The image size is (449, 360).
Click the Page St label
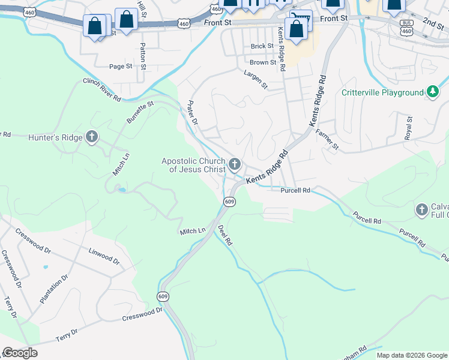pos(120,67)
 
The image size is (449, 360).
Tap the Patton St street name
pos(142,54)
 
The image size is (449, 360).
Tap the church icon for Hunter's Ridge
pos(92,137)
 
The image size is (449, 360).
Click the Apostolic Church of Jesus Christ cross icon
pos(235,163)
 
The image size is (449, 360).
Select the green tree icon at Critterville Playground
pos(432,92)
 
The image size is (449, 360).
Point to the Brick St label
pos(262,46)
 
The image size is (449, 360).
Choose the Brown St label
pos(263,62)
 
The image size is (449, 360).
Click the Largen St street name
pos(256,79)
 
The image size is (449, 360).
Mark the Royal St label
pos(409,128)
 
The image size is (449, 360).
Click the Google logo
pos(20,353)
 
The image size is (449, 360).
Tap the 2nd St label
pos(432,23)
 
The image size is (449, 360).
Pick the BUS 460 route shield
pos(406,26)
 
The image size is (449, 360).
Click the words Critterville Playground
pos(382,92)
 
